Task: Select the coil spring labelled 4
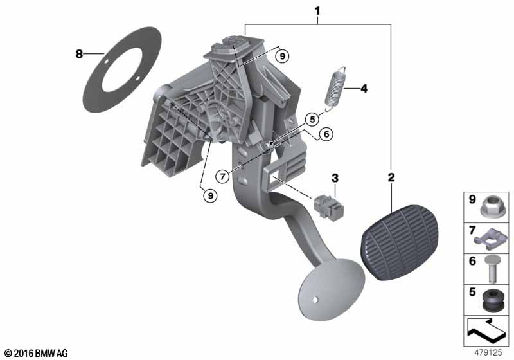point(335,89)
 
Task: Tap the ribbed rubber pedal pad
point(400,243)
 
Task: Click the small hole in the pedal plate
point(315,300)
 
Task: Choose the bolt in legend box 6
point(490,269)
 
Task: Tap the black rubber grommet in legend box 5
point(493,300)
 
